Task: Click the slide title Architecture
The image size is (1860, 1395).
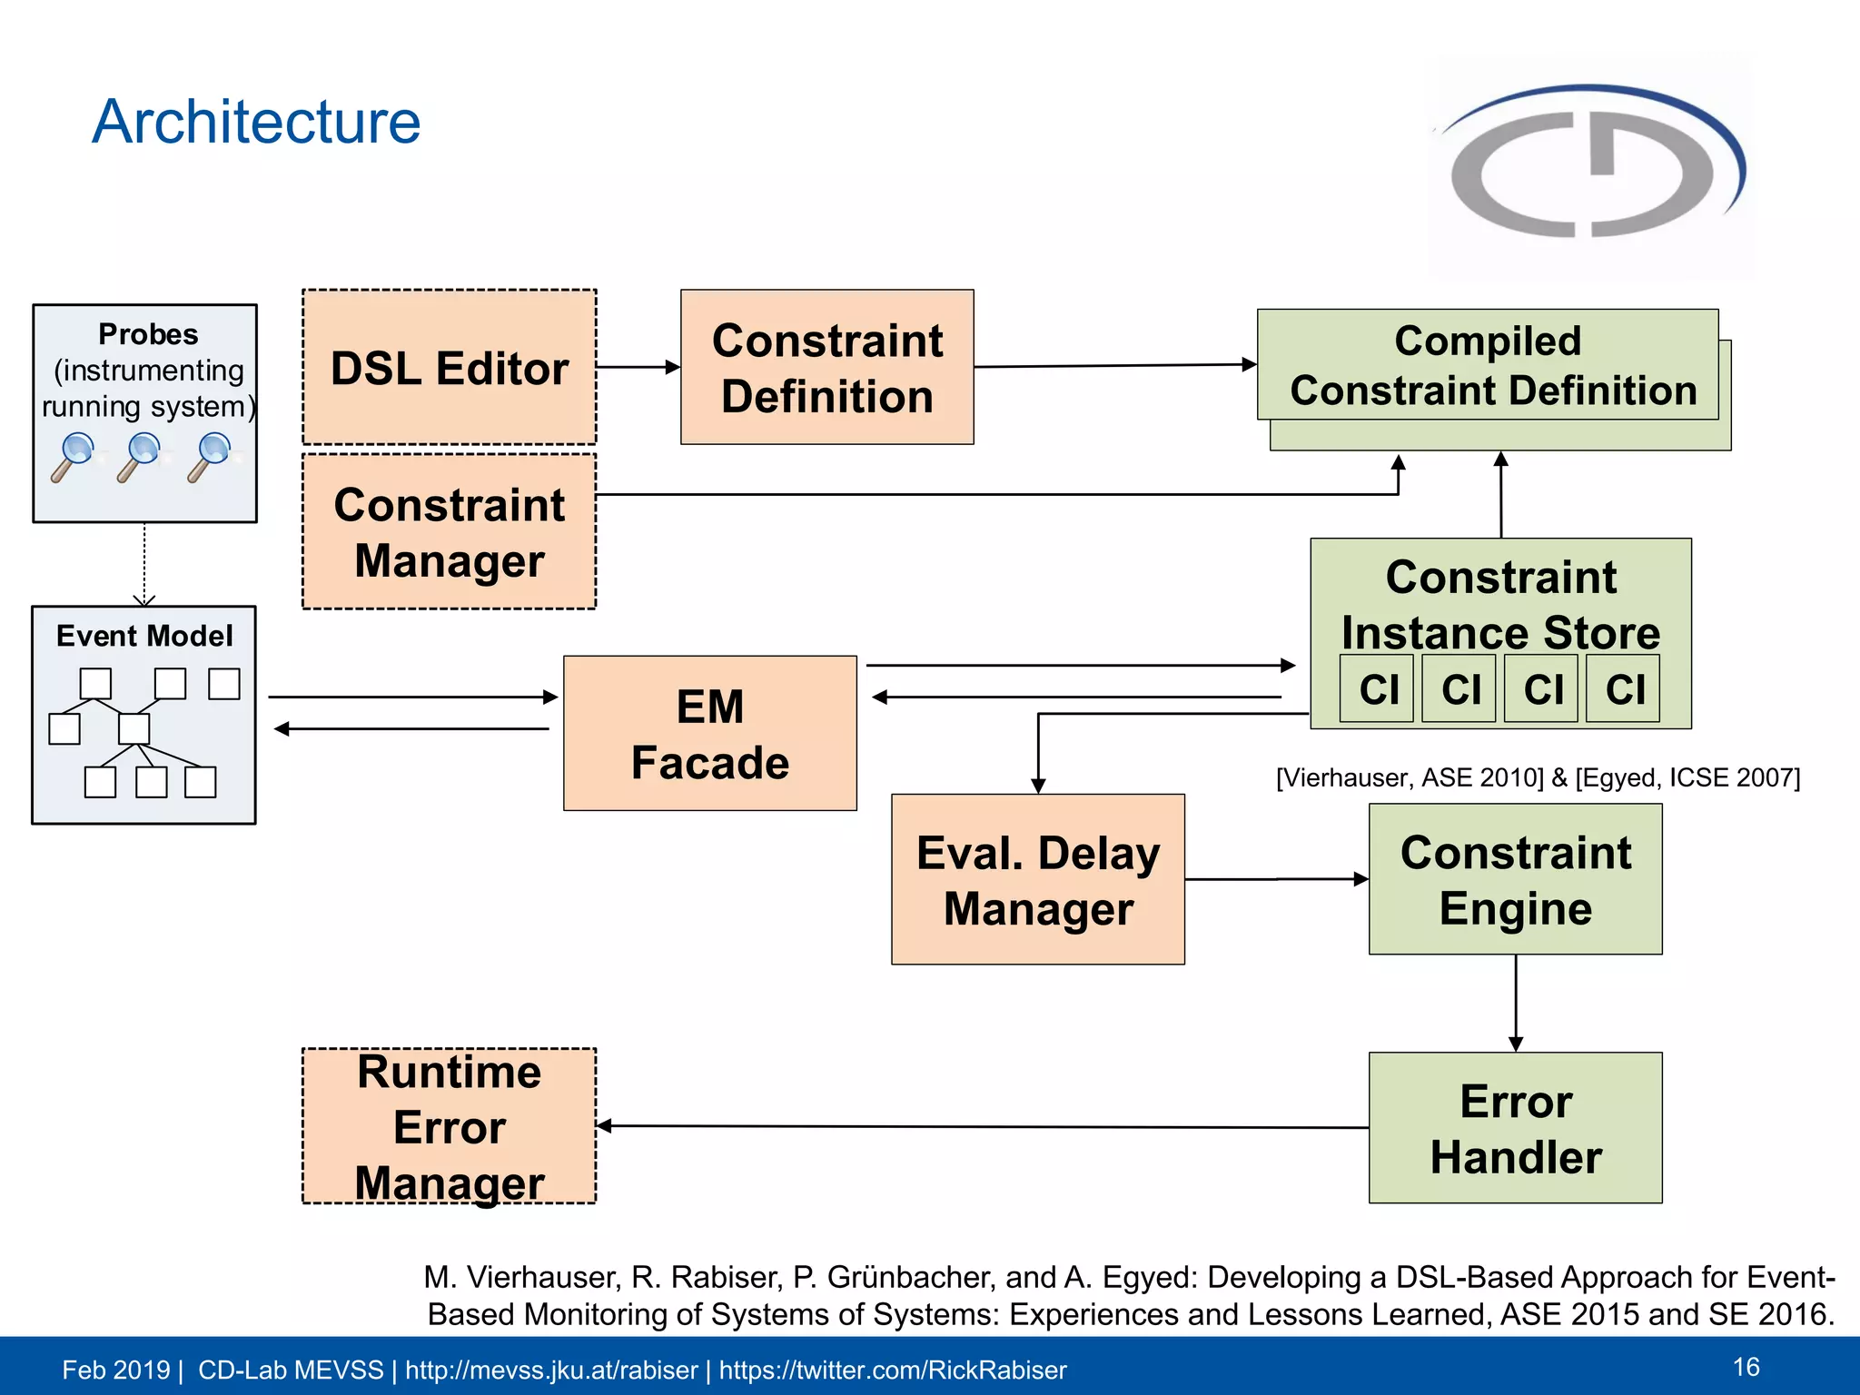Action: click(256, 122)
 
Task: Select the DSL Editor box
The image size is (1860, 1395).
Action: click(449, 367)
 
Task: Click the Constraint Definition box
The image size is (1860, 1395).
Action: click(826, 367)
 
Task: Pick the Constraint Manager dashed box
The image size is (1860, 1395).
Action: click(449, 532)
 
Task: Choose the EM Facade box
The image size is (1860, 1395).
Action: click(709, 733)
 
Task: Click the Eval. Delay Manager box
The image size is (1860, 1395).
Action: click(1037, 879)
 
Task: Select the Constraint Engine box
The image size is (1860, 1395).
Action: click(1515, 879)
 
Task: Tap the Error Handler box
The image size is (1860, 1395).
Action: click(1515, 1128)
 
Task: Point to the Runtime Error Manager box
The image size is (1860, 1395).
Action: click(449, 1126)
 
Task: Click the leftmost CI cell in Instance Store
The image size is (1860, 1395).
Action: click(1377, 688)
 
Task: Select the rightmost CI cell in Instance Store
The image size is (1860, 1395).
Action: click(1623, 688)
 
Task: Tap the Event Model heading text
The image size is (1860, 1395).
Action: click(144, 636)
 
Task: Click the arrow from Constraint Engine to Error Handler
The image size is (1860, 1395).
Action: click(1515, 1003)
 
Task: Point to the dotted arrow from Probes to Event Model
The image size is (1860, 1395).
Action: click(144, 563)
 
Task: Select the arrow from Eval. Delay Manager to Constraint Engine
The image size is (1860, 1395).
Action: click(1276, 879)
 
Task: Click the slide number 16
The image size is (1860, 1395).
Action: click(1746, 1367)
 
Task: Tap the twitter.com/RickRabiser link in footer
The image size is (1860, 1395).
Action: click(892, 1370)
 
